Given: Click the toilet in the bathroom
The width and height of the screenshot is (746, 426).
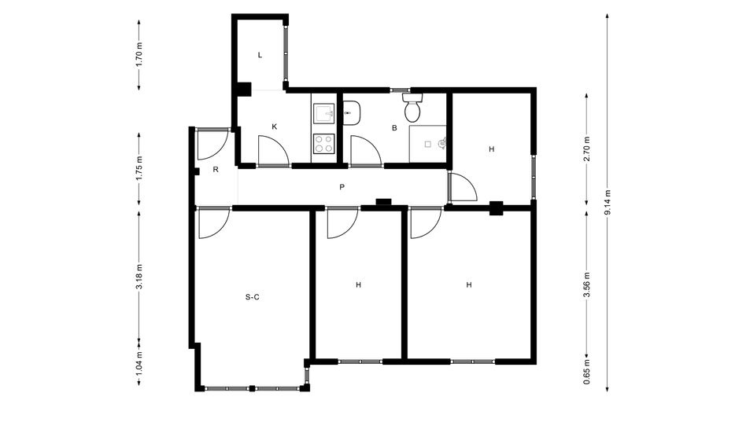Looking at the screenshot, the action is [412, 107].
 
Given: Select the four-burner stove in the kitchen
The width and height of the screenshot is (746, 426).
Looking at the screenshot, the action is [324, 144].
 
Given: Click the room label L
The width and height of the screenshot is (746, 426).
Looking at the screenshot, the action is [260, 55].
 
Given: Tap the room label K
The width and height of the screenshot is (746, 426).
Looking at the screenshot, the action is [274, 127].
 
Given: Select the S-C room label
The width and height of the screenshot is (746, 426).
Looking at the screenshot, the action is [252, 297].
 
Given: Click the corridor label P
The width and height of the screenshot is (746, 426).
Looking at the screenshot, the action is [342, 187].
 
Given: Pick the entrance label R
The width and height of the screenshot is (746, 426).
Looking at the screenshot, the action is [216, 169].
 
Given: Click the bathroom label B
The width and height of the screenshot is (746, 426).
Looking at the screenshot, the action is [394, 128].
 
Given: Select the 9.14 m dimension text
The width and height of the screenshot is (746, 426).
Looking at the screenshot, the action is [607, 203].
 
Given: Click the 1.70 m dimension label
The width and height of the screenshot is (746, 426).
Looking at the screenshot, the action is [139, 55].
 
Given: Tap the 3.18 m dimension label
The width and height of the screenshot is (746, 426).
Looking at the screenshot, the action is [139, 277].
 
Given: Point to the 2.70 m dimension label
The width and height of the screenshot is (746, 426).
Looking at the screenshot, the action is [586, 149].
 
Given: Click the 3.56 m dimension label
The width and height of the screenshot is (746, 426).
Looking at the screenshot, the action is [586, 285].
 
